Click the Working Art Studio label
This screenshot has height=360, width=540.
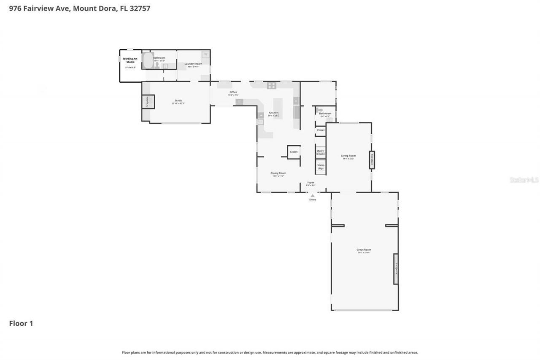(130, 60)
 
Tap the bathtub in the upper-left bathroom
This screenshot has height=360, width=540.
(148, 60)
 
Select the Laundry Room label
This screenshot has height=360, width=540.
(193, 64)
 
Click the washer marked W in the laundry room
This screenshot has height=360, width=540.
(205, 54)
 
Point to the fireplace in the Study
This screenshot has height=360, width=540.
(148, 102)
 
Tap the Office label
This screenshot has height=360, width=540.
(233, 92)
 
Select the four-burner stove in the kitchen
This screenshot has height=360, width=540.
(271, 86)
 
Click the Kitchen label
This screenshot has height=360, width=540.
(274, 113)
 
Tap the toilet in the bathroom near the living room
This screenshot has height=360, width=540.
(320, 110)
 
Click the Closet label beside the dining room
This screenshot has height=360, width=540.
(294, 152)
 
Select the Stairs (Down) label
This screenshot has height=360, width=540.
(321, 152)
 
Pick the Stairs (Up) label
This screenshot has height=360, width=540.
(321, 167)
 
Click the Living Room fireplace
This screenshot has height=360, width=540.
(372, 160)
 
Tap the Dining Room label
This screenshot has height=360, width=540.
(278, 173)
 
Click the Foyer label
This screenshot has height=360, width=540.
(310, 183)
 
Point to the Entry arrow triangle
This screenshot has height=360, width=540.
(312, 196)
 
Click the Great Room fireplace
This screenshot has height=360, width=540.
(396, 269)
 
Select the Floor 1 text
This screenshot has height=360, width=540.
(21, 323)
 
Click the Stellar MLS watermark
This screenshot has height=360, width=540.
(524, 180)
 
